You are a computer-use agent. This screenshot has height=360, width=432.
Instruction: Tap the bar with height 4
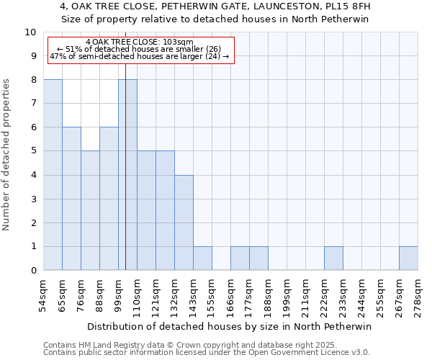coord(184,222)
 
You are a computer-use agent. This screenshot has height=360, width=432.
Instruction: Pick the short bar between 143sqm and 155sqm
coord(202,258)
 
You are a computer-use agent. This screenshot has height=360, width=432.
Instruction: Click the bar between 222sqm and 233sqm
coord(333,258)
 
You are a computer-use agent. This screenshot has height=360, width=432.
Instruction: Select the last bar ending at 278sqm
coord(408,258)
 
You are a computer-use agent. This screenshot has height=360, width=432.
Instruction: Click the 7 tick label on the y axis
coord(33,104)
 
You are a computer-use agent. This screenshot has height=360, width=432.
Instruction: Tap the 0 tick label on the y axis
coord(33,271)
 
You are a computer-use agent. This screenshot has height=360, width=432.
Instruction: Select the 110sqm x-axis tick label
coord(138,295)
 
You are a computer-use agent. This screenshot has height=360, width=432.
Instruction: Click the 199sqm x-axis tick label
coord(287,295)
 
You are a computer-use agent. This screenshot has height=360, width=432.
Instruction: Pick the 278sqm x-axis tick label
coord(418,295)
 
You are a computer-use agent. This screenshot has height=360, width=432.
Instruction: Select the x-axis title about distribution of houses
coord(230,326)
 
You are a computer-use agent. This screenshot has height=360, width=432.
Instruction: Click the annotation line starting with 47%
coord(140,56)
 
